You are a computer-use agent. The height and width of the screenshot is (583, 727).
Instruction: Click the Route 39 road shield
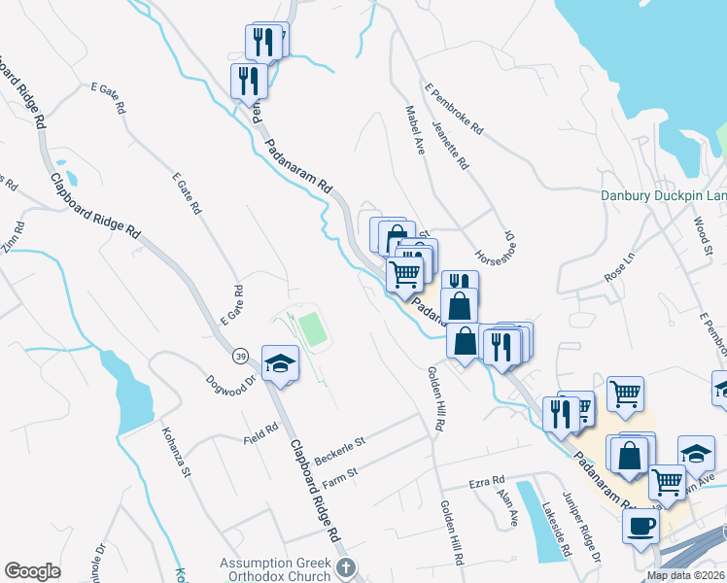240,357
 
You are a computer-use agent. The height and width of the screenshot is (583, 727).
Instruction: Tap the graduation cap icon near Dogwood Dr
280,364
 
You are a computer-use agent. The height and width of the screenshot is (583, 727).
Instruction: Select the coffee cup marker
640,527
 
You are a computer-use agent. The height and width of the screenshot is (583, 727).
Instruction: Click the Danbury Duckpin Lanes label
663,195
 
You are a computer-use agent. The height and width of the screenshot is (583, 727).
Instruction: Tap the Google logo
32,570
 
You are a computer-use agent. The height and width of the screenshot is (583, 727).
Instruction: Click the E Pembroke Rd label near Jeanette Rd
455,114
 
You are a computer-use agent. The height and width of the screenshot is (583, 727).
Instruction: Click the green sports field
312,328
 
